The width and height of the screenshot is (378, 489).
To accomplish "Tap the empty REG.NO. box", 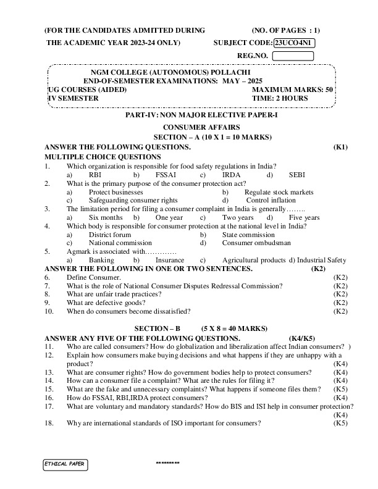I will point(293,56).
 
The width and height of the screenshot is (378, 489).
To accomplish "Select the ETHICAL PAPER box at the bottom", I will point(65,463).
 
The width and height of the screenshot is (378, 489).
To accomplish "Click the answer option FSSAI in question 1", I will point(166,175).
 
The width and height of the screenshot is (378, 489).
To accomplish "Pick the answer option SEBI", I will point(297,175).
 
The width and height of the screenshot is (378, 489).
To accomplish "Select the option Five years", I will point(304,218).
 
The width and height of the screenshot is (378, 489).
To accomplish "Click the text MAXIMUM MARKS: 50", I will point(293,90).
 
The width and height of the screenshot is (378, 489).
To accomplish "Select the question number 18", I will point(49,423).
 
